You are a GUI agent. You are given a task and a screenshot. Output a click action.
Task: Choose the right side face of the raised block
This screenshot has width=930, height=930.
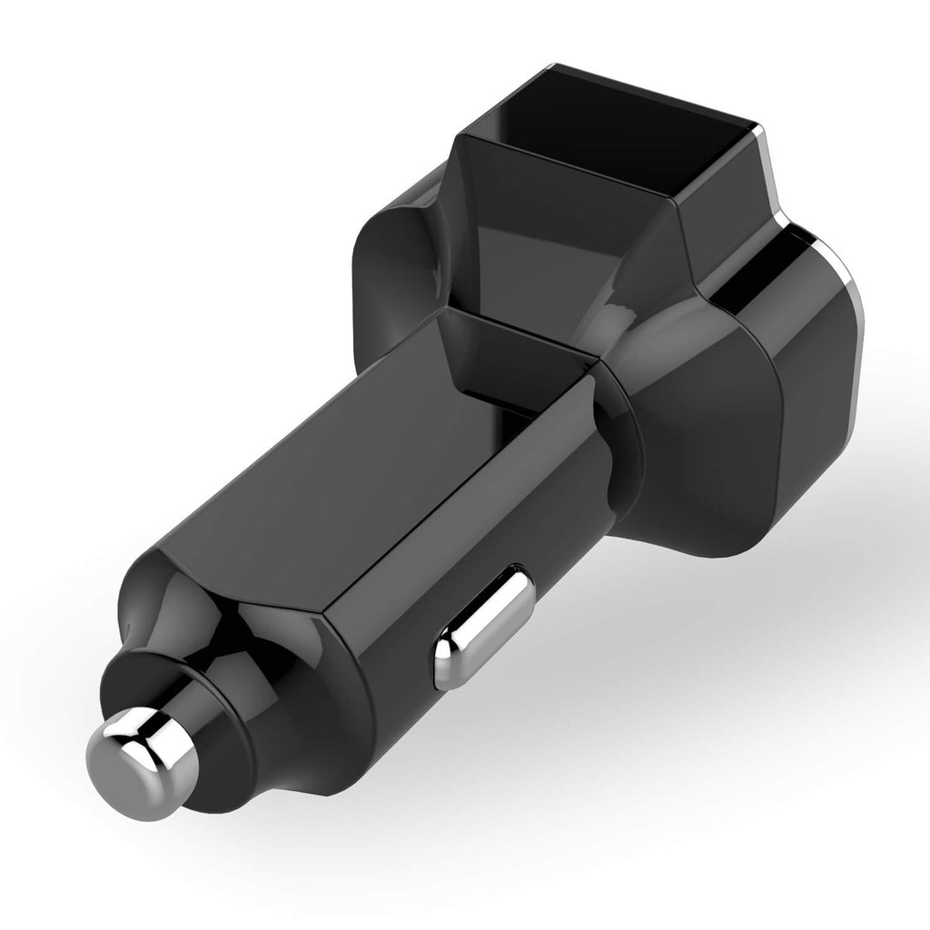point(717,218)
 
